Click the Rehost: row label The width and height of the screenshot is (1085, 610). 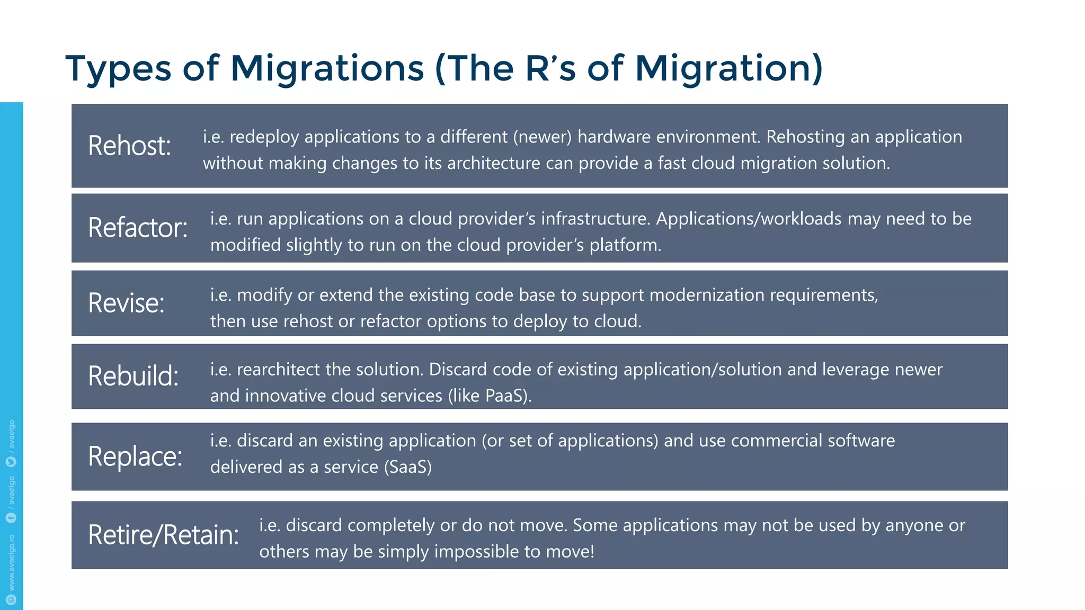pyautogui.click(x=129, y=146)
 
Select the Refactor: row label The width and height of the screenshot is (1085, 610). pyautogui.click(x=138, y=228)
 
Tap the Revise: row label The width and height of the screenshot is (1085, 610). pyautogui.click(x=126, y=303)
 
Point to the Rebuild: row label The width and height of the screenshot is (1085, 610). pyautogui.click(x=133, y=376)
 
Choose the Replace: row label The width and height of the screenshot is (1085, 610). pyautogui.click(x=135, y=456)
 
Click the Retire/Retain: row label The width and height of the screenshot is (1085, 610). pyautogui.click(x=163, y=534)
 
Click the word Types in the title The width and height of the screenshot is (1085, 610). pyautogui.click(x=118, y=69)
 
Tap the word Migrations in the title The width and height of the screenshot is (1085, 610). pyautogui.click(x=327, y=69)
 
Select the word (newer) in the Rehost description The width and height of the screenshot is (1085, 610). pyautogui.click(x=542, y=137)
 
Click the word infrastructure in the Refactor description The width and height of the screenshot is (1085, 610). pyautogui.click(x=595, y=219)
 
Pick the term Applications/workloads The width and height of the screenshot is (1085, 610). pyautogui.click(x=749, y=219)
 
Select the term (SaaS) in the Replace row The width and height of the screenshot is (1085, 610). pyautogui.click(x=407, y=467)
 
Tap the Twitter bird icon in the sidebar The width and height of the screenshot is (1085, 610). pyautogui.click(x=11, y=462)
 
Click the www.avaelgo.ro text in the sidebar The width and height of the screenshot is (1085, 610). pyautogui.click(x=12, y=562)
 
